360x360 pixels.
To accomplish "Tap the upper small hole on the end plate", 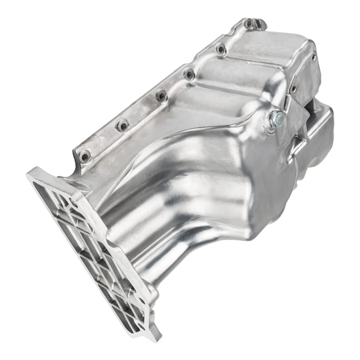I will coord(313,57).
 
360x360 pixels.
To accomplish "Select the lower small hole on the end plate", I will coord(294,89).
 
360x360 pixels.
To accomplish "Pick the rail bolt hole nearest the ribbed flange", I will coord(84,155).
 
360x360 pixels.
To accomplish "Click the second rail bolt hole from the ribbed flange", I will coord(122,125).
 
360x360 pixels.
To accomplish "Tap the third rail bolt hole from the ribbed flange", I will coord(161,95).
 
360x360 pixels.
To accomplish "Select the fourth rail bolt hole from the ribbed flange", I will coord(189,73).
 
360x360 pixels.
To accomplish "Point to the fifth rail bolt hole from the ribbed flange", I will coord(220,48).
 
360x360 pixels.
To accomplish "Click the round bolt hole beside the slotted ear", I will coord(249,24).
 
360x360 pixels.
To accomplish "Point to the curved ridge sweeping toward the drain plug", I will coord(210,124).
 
